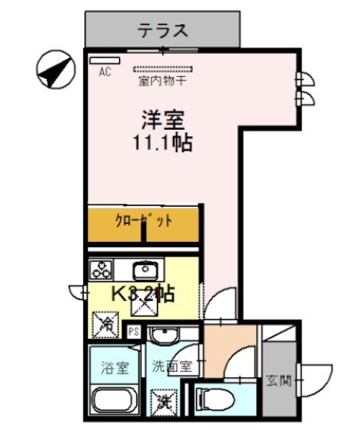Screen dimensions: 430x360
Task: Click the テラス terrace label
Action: [x=162, y=30]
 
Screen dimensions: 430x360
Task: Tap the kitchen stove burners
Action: [x=100, y=270]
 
